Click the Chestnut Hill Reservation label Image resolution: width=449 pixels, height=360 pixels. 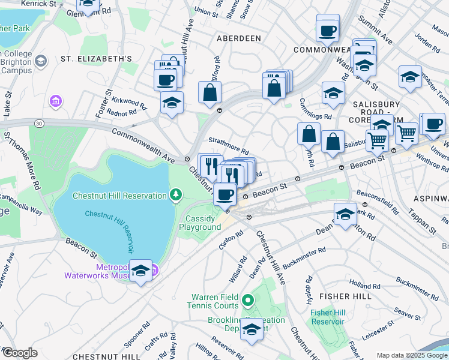pos(119,196)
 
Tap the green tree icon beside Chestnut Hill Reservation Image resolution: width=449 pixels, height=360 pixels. pos(175,194)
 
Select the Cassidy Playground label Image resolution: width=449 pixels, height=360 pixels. pos(200,223)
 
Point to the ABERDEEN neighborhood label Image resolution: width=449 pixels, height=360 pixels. pos(239,38)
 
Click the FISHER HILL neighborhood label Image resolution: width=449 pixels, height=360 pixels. pos(345,296)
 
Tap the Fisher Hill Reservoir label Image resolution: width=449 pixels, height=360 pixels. pos(330,317)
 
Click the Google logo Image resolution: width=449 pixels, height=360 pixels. pos(20,353)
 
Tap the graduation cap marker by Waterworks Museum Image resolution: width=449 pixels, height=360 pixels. pos(140,271)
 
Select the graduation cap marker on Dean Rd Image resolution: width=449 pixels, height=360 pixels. pos(345,214)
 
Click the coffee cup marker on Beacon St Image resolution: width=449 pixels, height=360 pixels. pos(225,194)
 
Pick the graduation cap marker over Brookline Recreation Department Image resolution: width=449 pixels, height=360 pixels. pos(252,329)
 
